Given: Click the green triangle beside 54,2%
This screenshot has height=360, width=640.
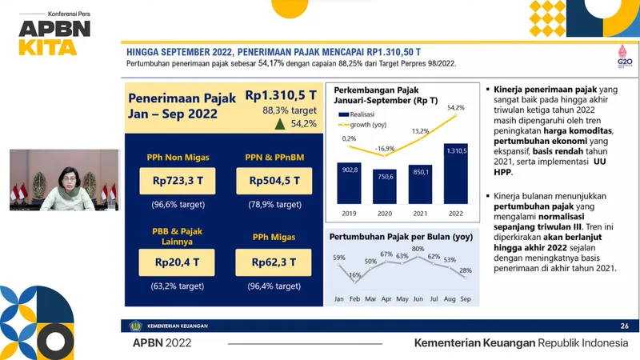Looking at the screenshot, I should click(278, 124).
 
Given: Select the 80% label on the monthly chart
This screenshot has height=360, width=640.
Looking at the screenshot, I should click(418, 249).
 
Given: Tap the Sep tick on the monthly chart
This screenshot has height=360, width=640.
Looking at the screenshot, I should click(466, 299).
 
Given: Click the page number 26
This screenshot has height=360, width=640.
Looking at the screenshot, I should click(624, 326).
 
